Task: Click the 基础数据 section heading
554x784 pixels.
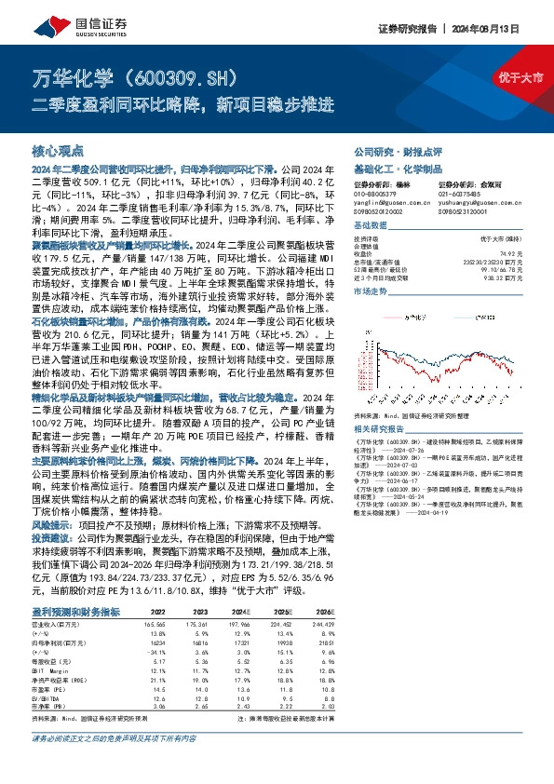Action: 371,228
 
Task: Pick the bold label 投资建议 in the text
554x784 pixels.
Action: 54,563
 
